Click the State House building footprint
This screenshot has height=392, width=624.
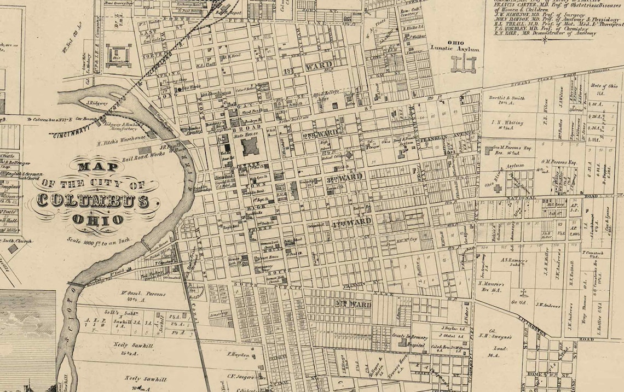tap(250, 146)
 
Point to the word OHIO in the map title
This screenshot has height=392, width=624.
tap(97, 219)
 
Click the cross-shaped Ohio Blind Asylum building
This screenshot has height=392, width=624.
tap(498, 188)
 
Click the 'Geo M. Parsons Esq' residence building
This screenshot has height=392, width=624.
tap(487, 149)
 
